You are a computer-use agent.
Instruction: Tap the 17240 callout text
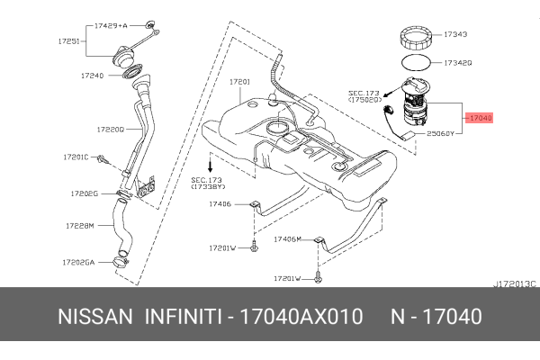tap(94, 76)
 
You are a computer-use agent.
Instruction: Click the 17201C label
tap(76, 157)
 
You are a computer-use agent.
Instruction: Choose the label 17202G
tap(84, 193)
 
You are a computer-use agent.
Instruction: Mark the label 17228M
tap(79, 227)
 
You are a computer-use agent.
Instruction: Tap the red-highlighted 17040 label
tap(480, 117)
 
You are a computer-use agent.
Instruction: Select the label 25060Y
tap(444, 132)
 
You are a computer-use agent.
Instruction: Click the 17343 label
tap(455, 34)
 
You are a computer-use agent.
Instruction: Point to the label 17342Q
tap(457, 64)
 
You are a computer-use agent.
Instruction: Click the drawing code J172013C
tap(514, 283)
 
